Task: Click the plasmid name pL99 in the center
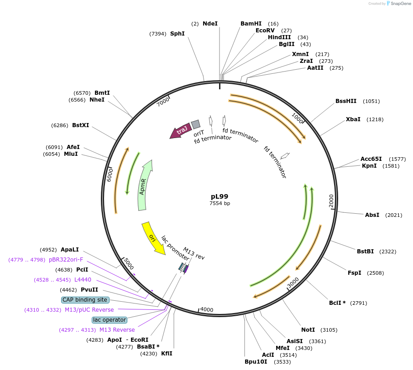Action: coord(220,196)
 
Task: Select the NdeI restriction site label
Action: coord(210,24)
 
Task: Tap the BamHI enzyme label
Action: coord(251,24)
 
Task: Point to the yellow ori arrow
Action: coord(153,237)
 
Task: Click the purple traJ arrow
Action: coord(180,131)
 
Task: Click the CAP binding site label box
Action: coord(85,300)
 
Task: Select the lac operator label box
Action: coord(109,320)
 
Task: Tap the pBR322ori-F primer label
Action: coord(66,260)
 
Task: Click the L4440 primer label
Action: coord(83,280)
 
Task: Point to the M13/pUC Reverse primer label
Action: coord(89,310)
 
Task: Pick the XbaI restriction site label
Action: coord(353,119)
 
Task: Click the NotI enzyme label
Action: coord(308,330)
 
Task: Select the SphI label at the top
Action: coord(178,34)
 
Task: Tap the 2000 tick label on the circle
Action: coord(332,200)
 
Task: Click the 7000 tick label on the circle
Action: coord(163,102)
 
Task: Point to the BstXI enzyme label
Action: coord(81,125)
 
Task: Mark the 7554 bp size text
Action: coord(220,204)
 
